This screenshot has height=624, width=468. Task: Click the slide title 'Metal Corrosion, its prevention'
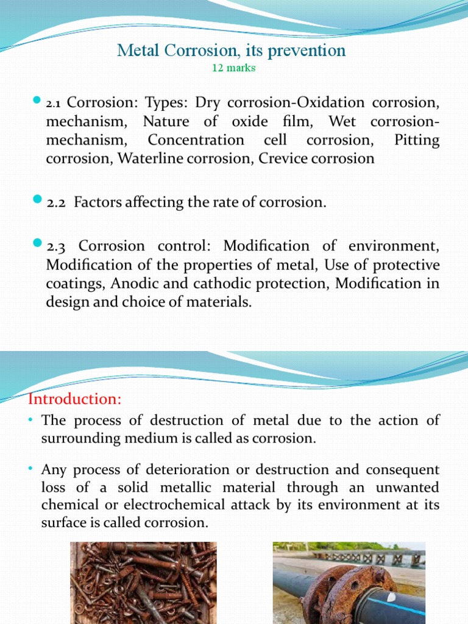tap(231, 51)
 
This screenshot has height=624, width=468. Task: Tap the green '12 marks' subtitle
tap(233, 68)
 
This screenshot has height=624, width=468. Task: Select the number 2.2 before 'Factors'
tap(57, 202)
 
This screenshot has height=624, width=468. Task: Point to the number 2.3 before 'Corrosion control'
tap(57, 246)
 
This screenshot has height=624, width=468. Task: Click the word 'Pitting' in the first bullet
tap(416, 140)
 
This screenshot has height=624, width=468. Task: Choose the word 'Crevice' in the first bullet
tap(282, 159)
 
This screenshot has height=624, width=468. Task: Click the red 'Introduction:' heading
tap(75, 399)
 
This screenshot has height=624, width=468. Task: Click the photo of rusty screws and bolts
tap(143, 583)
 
